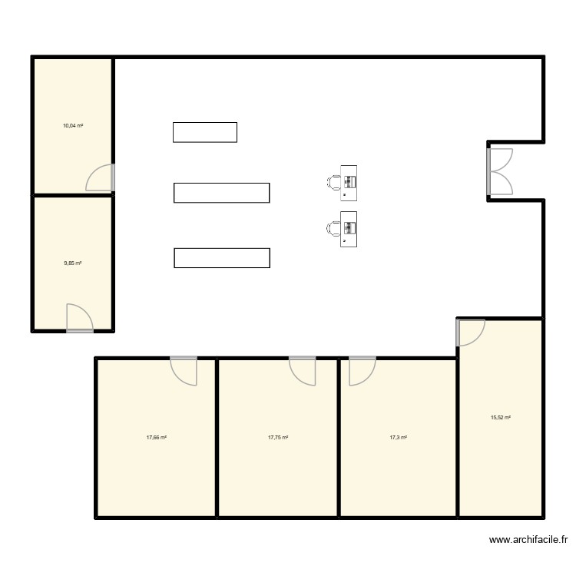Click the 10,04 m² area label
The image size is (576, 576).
click(x=73, y=124)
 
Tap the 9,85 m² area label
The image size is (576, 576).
click(x=73, y=263)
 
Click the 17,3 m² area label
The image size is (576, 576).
click(x=398, y=437)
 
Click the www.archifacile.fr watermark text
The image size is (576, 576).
click(x=529, y=540)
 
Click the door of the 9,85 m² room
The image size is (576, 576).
click(x=79, y=318)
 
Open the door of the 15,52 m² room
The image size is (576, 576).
click(x=470, y=331)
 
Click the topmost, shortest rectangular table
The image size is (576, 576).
click(x=205, y=132)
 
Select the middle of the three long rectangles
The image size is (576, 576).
click(x=222, y=193)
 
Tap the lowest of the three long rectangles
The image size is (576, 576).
click(x=222, y=258)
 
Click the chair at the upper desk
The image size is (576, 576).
click(x=334, y=182)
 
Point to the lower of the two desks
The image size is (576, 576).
click(x=349, y=229)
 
